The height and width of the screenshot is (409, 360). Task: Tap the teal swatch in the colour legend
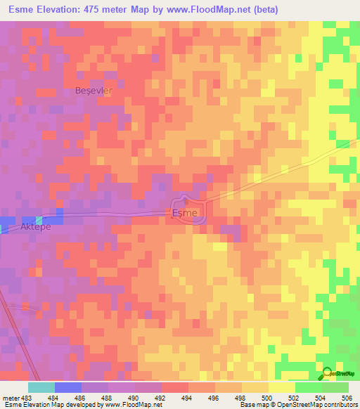click(41, 387)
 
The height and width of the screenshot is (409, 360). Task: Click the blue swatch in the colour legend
click(67, 387)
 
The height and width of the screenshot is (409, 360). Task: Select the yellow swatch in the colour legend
click(281, 387)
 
